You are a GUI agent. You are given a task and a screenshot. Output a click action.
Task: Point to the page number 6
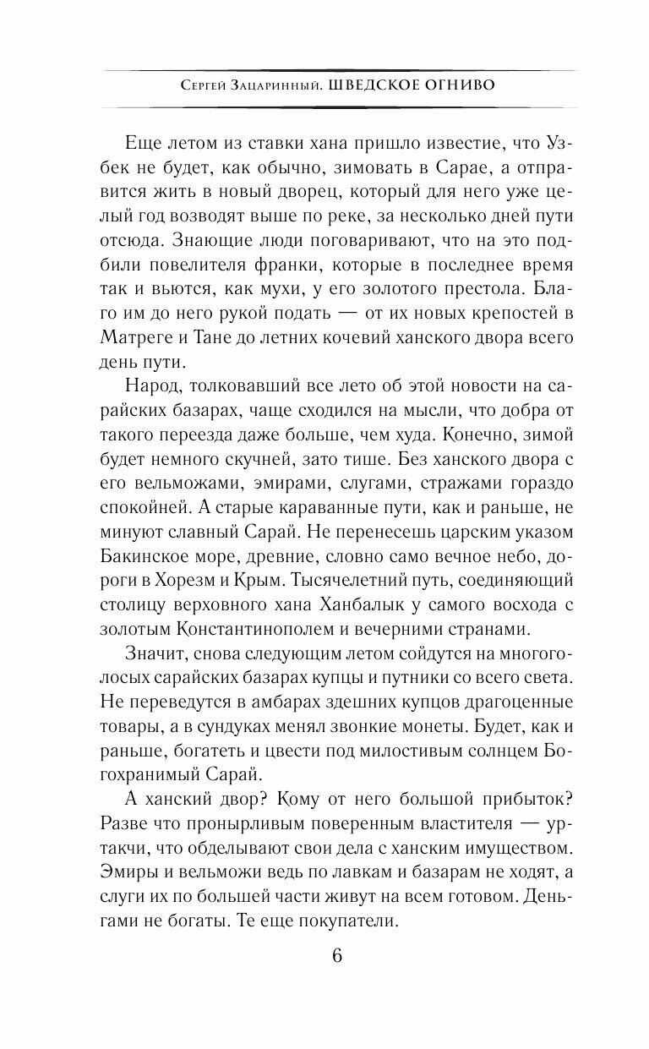[x=337, y=957]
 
